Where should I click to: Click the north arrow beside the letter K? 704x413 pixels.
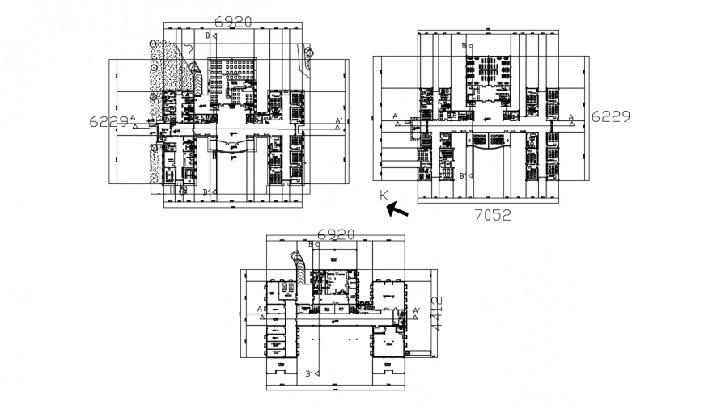tap(397, 210)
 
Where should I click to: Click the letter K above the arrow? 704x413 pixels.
tap(384, 195)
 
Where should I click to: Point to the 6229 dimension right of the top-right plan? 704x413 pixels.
tap(610, 116)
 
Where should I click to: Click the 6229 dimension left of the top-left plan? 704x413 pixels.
tap(108, 121)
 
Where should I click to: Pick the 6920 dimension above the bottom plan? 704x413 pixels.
tap(336, 234)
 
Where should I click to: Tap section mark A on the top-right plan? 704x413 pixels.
tap(396, 117)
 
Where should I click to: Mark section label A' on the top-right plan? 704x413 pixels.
tap(571, 118)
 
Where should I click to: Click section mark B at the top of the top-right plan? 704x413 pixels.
tap(465, 47)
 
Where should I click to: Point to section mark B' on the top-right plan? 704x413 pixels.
tap(464, 175)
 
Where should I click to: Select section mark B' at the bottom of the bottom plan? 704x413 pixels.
tap(310, 373)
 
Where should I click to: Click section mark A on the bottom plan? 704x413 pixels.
tap(260, 309)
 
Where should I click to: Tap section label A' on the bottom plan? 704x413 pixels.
tap(417, 310)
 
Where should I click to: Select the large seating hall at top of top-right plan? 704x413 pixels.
tap(487, 71)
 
